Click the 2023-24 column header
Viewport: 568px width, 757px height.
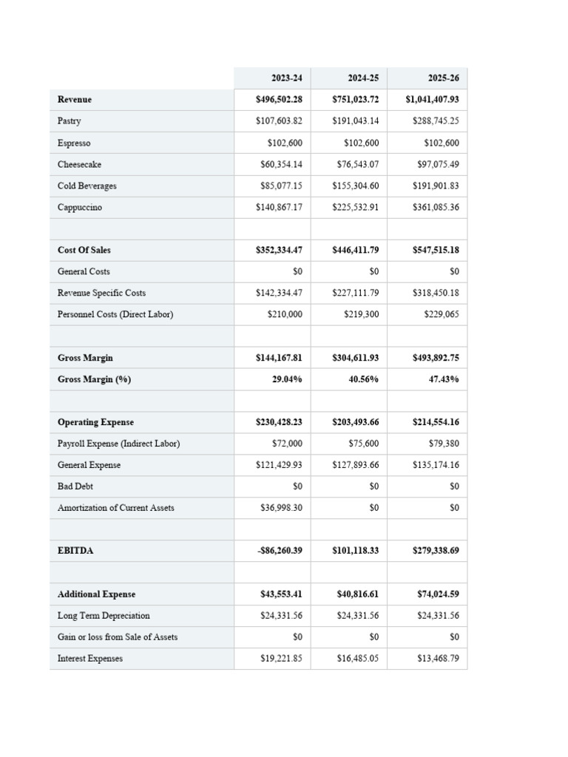coord(286,78)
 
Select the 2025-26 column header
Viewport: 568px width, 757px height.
coord(443,78)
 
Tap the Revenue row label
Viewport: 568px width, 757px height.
coord(75,99)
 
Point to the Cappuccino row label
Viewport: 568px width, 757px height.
coord(80,207)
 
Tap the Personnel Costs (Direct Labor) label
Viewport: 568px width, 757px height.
coord(115,314)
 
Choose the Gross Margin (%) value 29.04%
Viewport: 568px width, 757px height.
coord(287,379)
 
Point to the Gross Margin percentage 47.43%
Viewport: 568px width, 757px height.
coord(444,379)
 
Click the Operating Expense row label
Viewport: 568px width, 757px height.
coord(95,422)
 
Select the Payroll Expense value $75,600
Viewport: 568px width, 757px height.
coord(363,444)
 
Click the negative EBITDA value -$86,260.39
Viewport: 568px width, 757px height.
coord(279,551)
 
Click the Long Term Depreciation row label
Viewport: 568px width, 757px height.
coord(104,615)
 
